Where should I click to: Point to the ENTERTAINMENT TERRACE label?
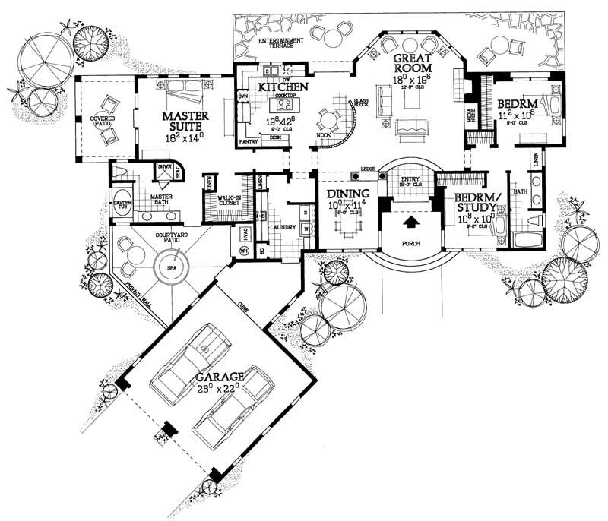coord(280,43)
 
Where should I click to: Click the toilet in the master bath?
coord(120,174)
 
